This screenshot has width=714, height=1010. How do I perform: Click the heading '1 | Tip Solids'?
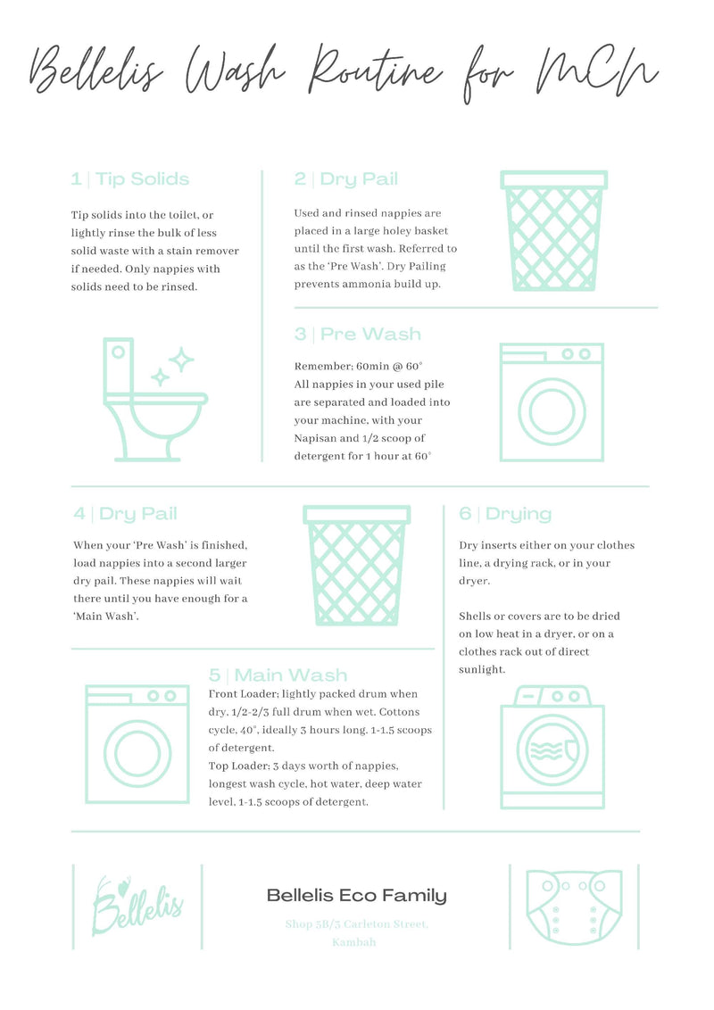tap(130, 179)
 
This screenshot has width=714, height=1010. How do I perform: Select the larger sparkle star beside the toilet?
tap(181, 360)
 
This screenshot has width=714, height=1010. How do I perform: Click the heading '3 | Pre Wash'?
tap(358, 335)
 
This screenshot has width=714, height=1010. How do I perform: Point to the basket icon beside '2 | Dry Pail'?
tap(554, 231)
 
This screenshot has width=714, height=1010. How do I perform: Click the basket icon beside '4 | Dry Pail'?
tap(356, 565)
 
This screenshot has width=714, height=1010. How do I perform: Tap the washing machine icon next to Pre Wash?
tap(551, 402)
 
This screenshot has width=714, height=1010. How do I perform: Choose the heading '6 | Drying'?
tap(505, 514)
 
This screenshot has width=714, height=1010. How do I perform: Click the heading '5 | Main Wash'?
tap(278, 675)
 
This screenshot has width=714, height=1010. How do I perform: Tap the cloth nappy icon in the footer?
tap(572, 907)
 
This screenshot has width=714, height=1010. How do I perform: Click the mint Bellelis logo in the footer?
tap(137, 906)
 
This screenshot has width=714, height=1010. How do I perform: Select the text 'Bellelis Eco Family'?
tap(356, 896)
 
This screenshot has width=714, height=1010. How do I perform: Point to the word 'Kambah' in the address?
tap(354, 942)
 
